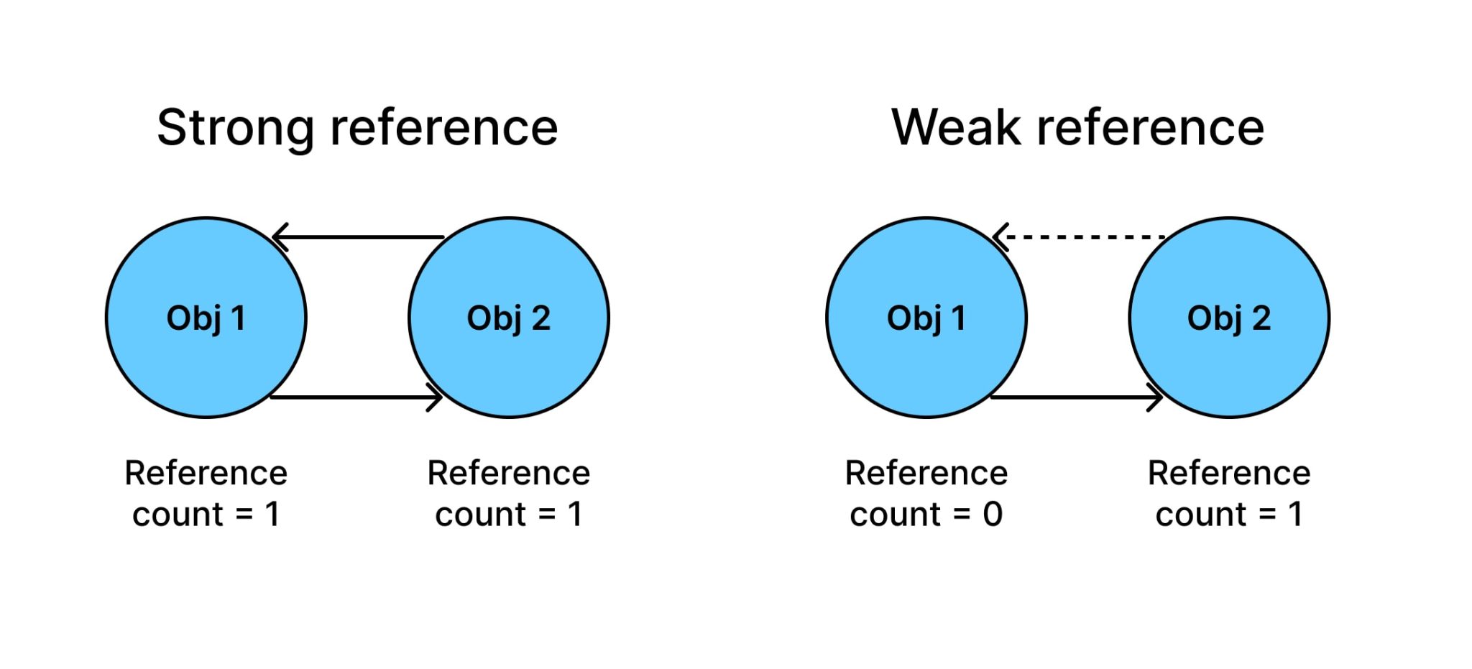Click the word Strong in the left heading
tap(235, 129)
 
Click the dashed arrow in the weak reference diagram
tap(1085, 236)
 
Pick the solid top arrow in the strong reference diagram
tap(359, 236)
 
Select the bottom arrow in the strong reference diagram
tap(356, 397)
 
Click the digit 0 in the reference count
tap(993, 515)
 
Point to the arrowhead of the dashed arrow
tap(1000, 236)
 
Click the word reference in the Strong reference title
tap(443, 129)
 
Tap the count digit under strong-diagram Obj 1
tap(272, 515)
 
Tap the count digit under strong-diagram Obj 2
tap(575, 515)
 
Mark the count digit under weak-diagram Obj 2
tap(1295, 515)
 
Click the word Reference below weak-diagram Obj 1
tap(926, 473)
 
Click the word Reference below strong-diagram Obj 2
tap(508, 473)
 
